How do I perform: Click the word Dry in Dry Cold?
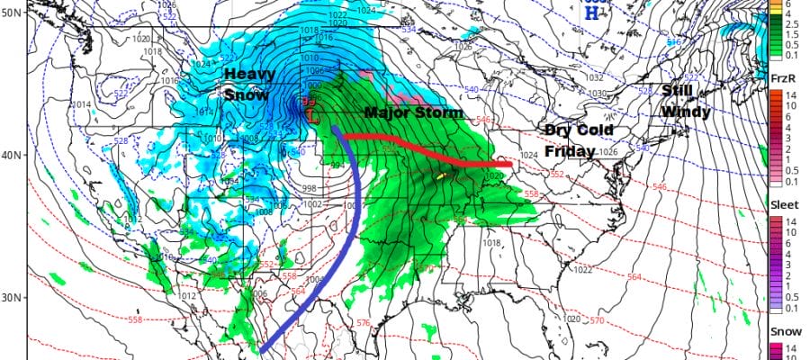tap(557, 130)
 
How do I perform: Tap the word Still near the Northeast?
tap(676, 91)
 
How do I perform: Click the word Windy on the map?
tap(686, 112)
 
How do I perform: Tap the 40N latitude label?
tap(12, 155)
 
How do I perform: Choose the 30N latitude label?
tap(12, 298)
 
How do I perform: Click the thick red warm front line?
tap(423, 144)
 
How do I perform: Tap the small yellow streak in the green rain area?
tap(440, 176)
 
